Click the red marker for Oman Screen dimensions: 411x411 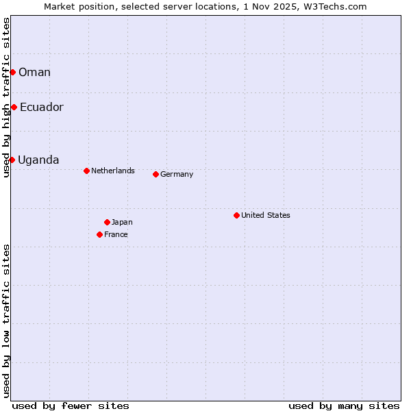[12, 72]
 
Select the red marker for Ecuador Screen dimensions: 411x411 [14, 107]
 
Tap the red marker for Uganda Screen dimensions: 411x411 [12, 160]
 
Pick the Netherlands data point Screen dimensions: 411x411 [86, 171]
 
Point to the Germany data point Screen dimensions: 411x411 [155, 174]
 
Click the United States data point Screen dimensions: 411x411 [236, 215]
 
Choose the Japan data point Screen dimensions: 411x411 [107, 222]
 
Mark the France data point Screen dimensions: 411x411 [99, 234]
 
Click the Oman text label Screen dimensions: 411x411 [34, 72]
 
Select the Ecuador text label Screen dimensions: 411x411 [41, 107]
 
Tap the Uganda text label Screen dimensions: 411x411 [38, 160]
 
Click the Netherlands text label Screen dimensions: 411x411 [113, 171]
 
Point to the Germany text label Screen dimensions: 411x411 [177, 174]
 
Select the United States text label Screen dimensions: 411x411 [266, 215]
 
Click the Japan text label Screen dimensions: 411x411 [122, 222]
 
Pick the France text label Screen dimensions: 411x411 [116, 234]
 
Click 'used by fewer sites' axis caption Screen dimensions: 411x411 [71, 406]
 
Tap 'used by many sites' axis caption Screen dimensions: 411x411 [344, 406]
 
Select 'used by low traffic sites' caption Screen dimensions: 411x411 [6, 321]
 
